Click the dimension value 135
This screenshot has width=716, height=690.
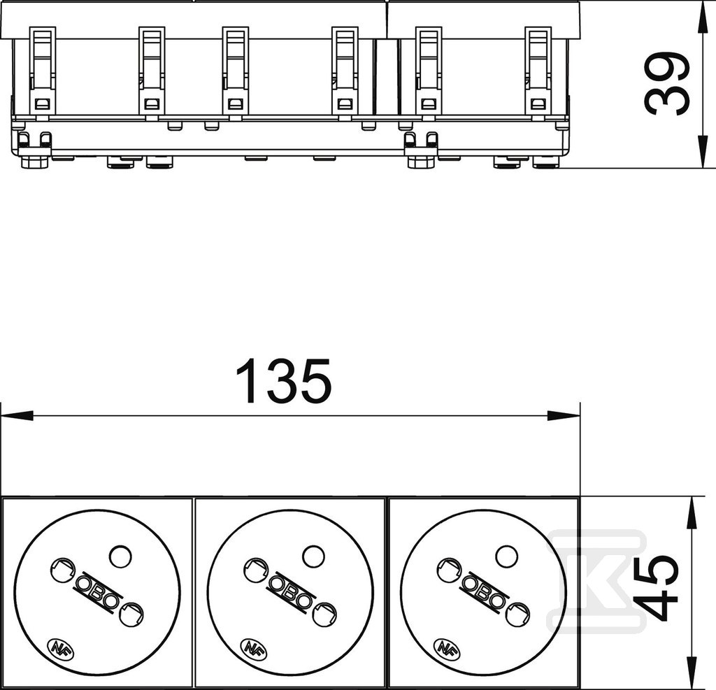283,381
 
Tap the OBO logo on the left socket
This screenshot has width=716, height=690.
97,591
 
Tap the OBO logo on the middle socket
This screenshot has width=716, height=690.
290,591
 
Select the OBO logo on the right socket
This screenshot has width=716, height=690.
484,591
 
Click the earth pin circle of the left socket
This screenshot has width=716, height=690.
120,556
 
